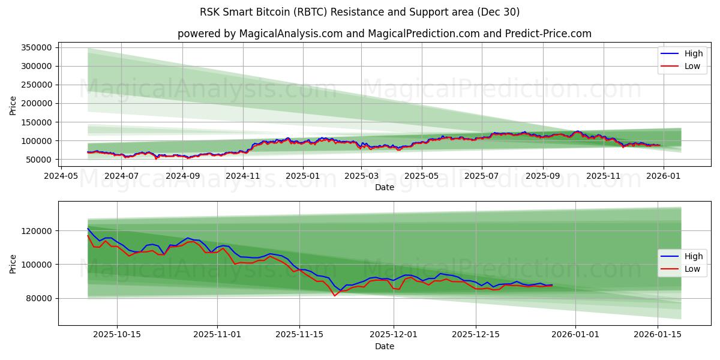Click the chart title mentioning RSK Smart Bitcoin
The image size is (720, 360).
360,12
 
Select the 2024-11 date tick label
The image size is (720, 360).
242,176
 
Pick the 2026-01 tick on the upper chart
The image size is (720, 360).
663,176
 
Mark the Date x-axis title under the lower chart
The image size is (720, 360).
385,346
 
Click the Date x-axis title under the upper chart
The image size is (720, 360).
385,187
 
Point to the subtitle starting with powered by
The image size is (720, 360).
385,34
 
